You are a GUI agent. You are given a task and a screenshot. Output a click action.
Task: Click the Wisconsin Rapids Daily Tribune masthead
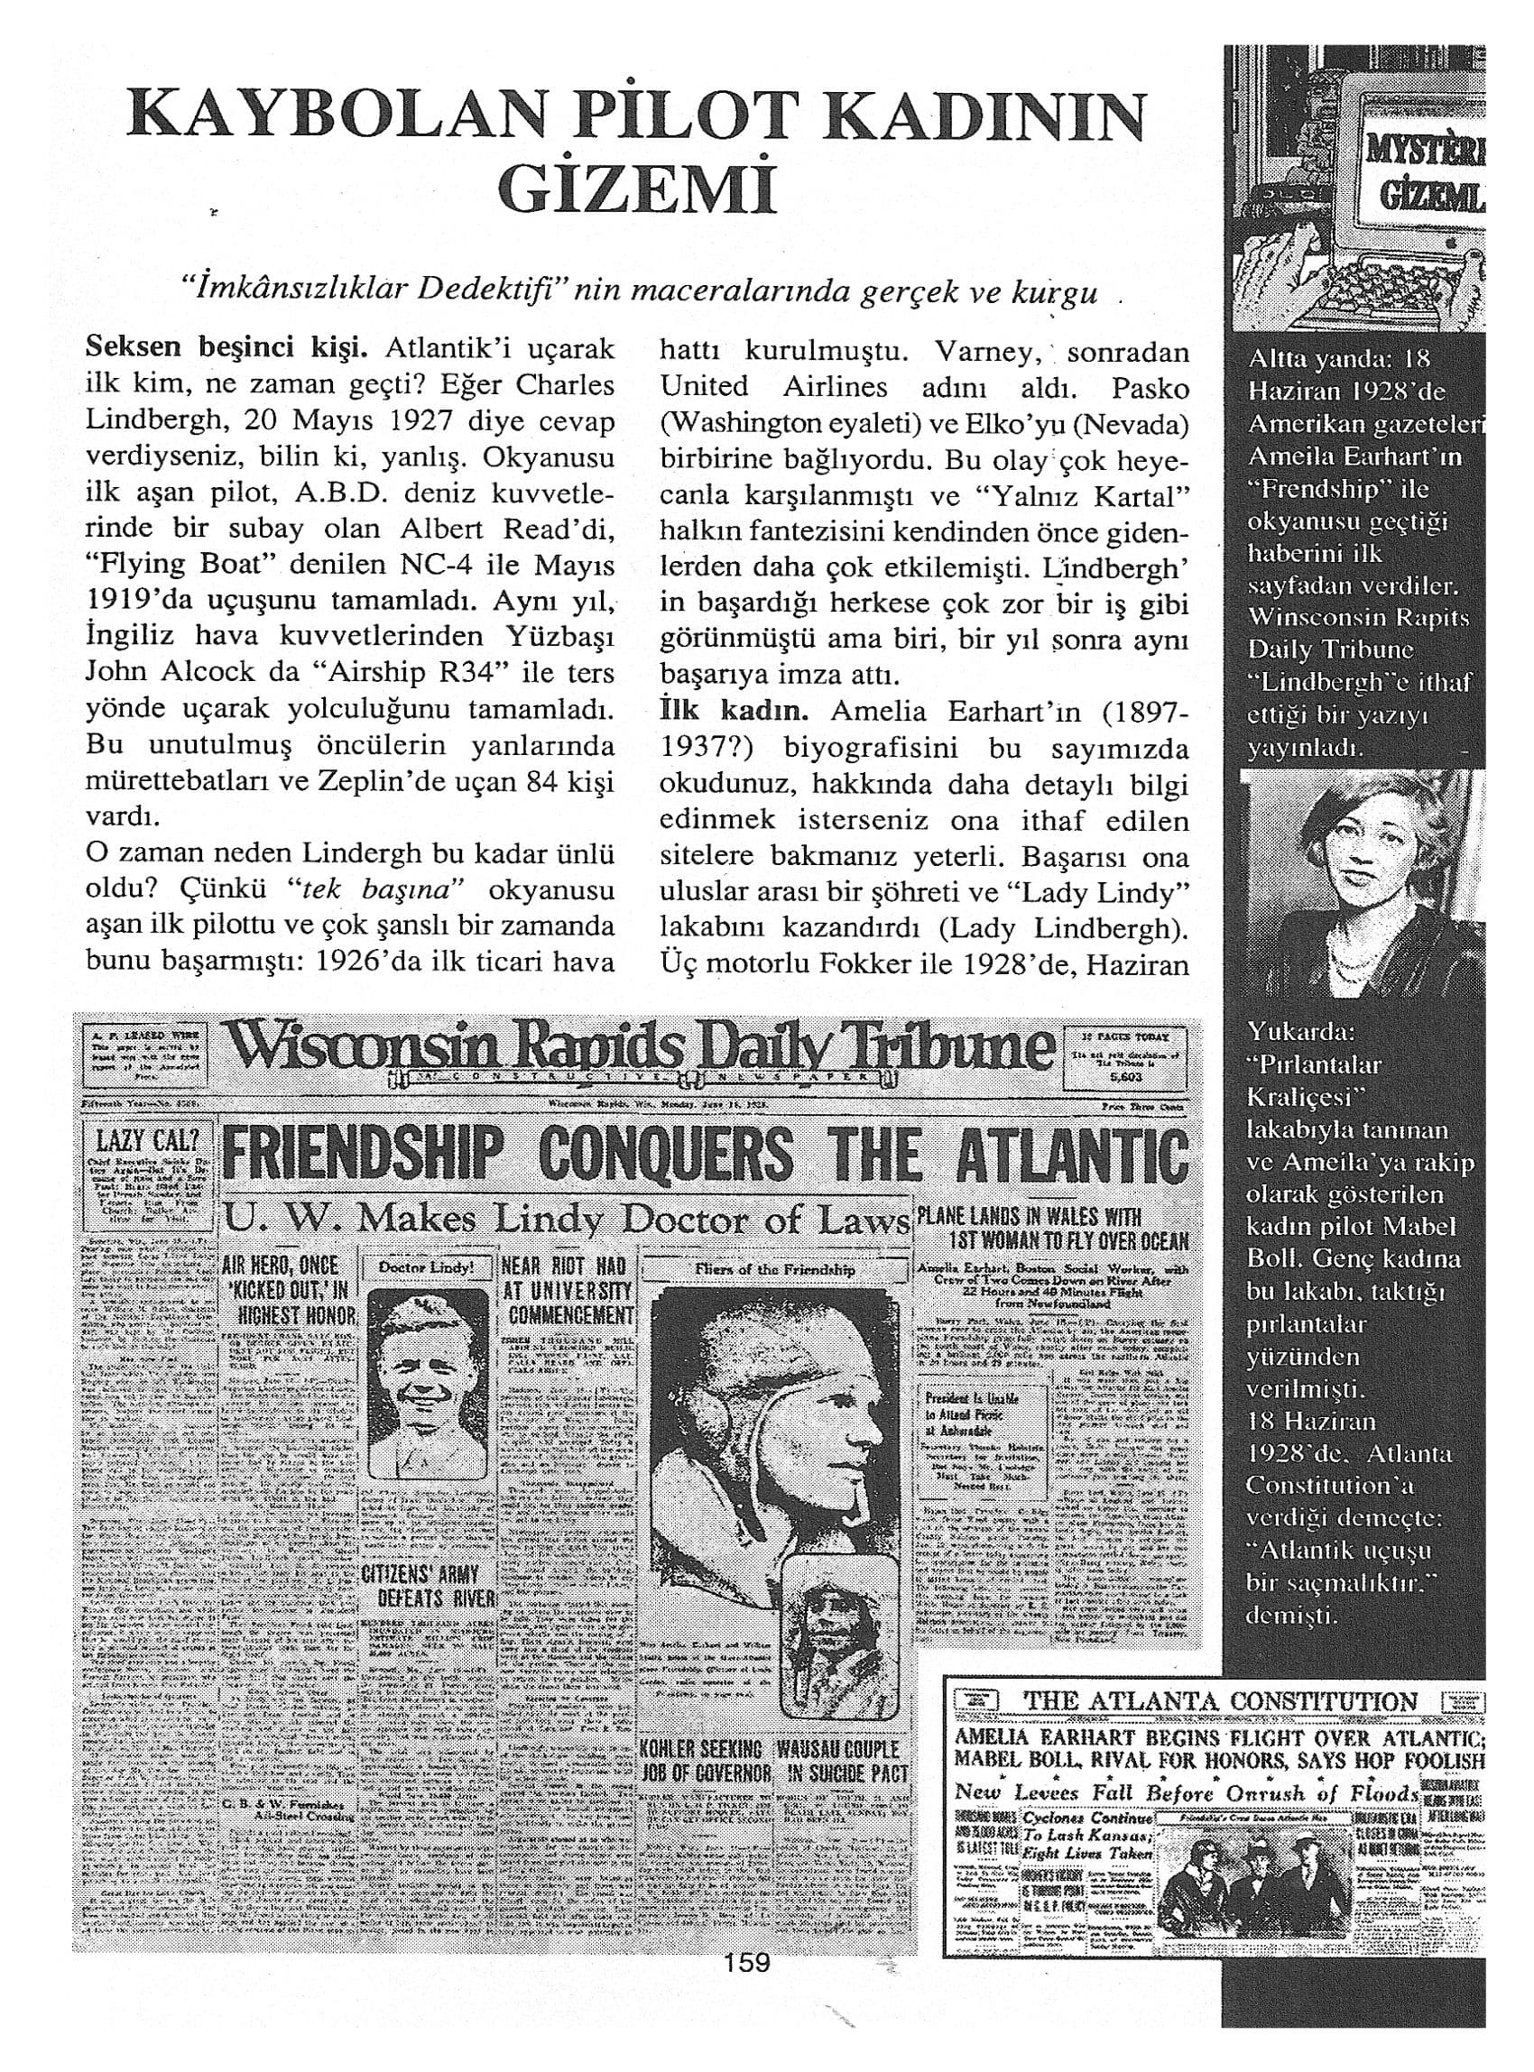[x=641, y=1050]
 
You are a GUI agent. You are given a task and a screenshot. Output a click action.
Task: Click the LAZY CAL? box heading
[x=148, y=1142]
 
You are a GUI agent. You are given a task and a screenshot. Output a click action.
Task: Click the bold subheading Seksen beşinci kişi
[x=226, y=350]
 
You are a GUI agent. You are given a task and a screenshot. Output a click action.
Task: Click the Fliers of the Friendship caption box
[x=774, y=1269]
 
